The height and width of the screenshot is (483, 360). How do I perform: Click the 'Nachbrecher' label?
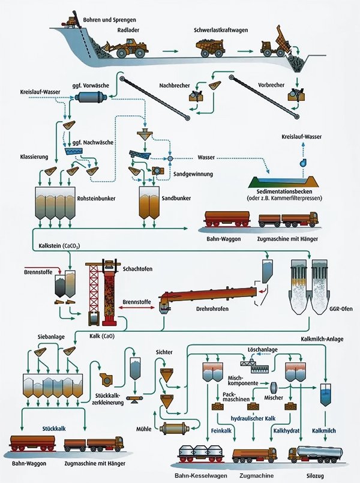coord(176,85)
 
